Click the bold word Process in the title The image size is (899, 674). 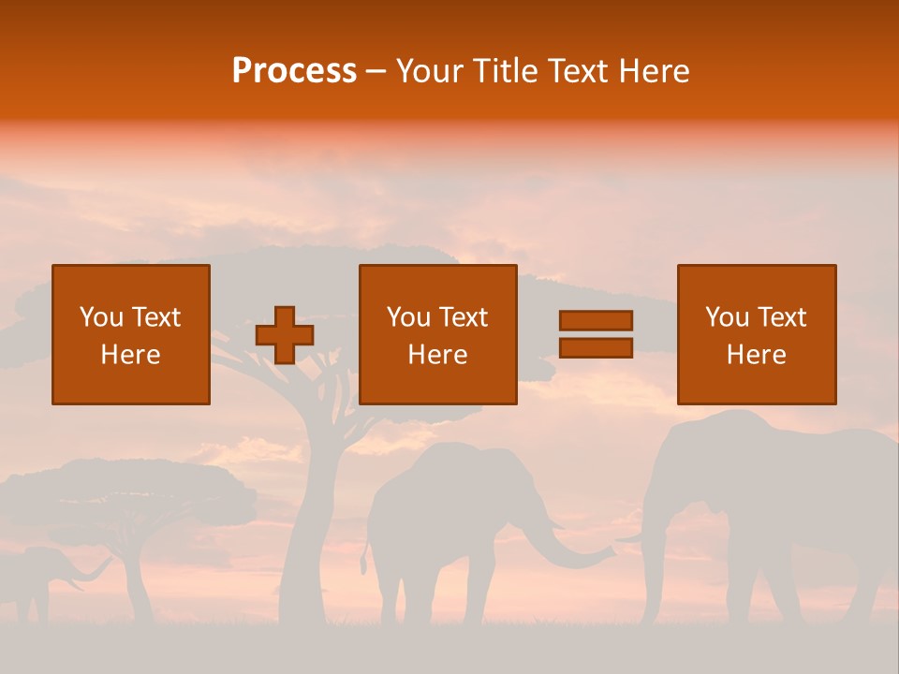(x=294, y=71)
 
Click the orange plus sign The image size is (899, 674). (x=285, y=335)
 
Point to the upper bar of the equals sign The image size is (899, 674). (x=596, y=320)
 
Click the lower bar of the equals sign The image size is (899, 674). (x=596, y=348)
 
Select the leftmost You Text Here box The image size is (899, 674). (x=131, y=334)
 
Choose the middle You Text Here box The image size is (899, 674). (x=437, y=334)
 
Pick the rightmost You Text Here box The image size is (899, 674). (x=756, y=334)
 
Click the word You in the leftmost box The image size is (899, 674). (x=100, y=317)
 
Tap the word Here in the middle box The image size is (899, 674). (x=437, y=355)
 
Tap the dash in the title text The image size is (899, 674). (x=376, y=71)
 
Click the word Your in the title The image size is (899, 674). (x=429, y=71)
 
